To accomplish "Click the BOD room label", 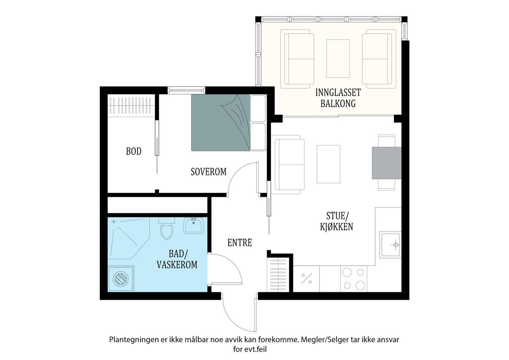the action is point(134,151).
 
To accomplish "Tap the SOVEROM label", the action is point(209,172).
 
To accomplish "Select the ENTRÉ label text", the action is point(240,243).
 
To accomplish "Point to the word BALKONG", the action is point(338,104).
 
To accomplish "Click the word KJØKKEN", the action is point(336,227).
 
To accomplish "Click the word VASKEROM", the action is point(177,265).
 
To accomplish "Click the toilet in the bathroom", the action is point(167,228).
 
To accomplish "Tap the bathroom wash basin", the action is point(194,226).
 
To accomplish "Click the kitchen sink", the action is point(390,245).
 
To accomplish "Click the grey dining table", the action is point(387,163).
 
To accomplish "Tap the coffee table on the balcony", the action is point(338,58).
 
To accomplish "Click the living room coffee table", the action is point(328,164).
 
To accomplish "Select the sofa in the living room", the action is point(288,165).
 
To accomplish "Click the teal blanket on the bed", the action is point(220,123).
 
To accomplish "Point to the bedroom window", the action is point(187,90).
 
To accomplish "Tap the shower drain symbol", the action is point(114,222).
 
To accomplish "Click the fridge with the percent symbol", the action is point(306,278).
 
